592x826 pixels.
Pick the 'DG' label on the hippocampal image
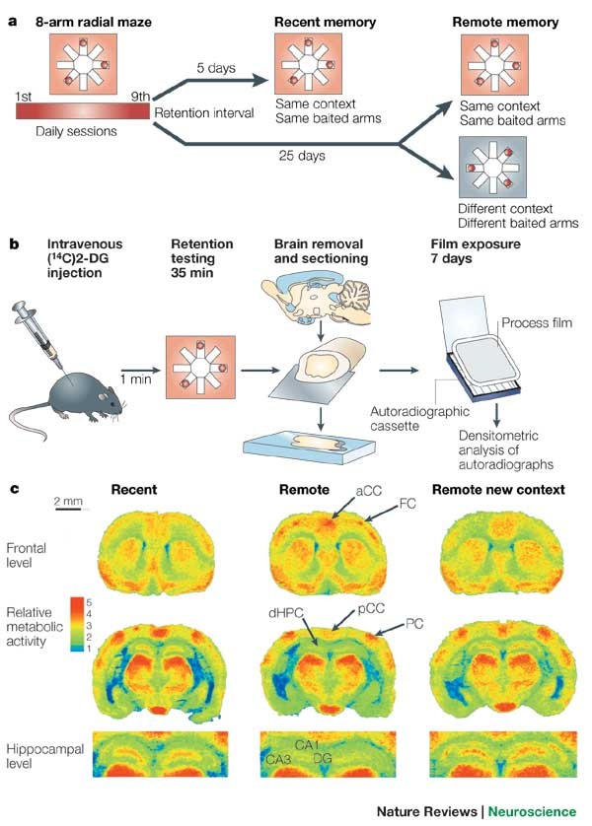click(323, 759)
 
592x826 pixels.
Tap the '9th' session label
click(140, 96)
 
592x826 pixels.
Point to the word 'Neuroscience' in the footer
click(530, 811)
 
